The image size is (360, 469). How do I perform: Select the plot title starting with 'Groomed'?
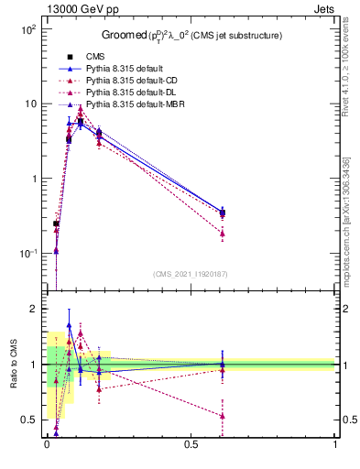click(x=191, y=36)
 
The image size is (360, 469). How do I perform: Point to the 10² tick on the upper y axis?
click(x=27, y=29)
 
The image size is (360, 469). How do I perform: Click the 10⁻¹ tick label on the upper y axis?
click(x=27, y=254)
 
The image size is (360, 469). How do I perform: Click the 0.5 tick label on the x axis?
click(x=191, y=446)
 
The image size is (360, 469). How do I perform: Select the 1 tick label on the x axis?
click(x=334, y=446)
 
